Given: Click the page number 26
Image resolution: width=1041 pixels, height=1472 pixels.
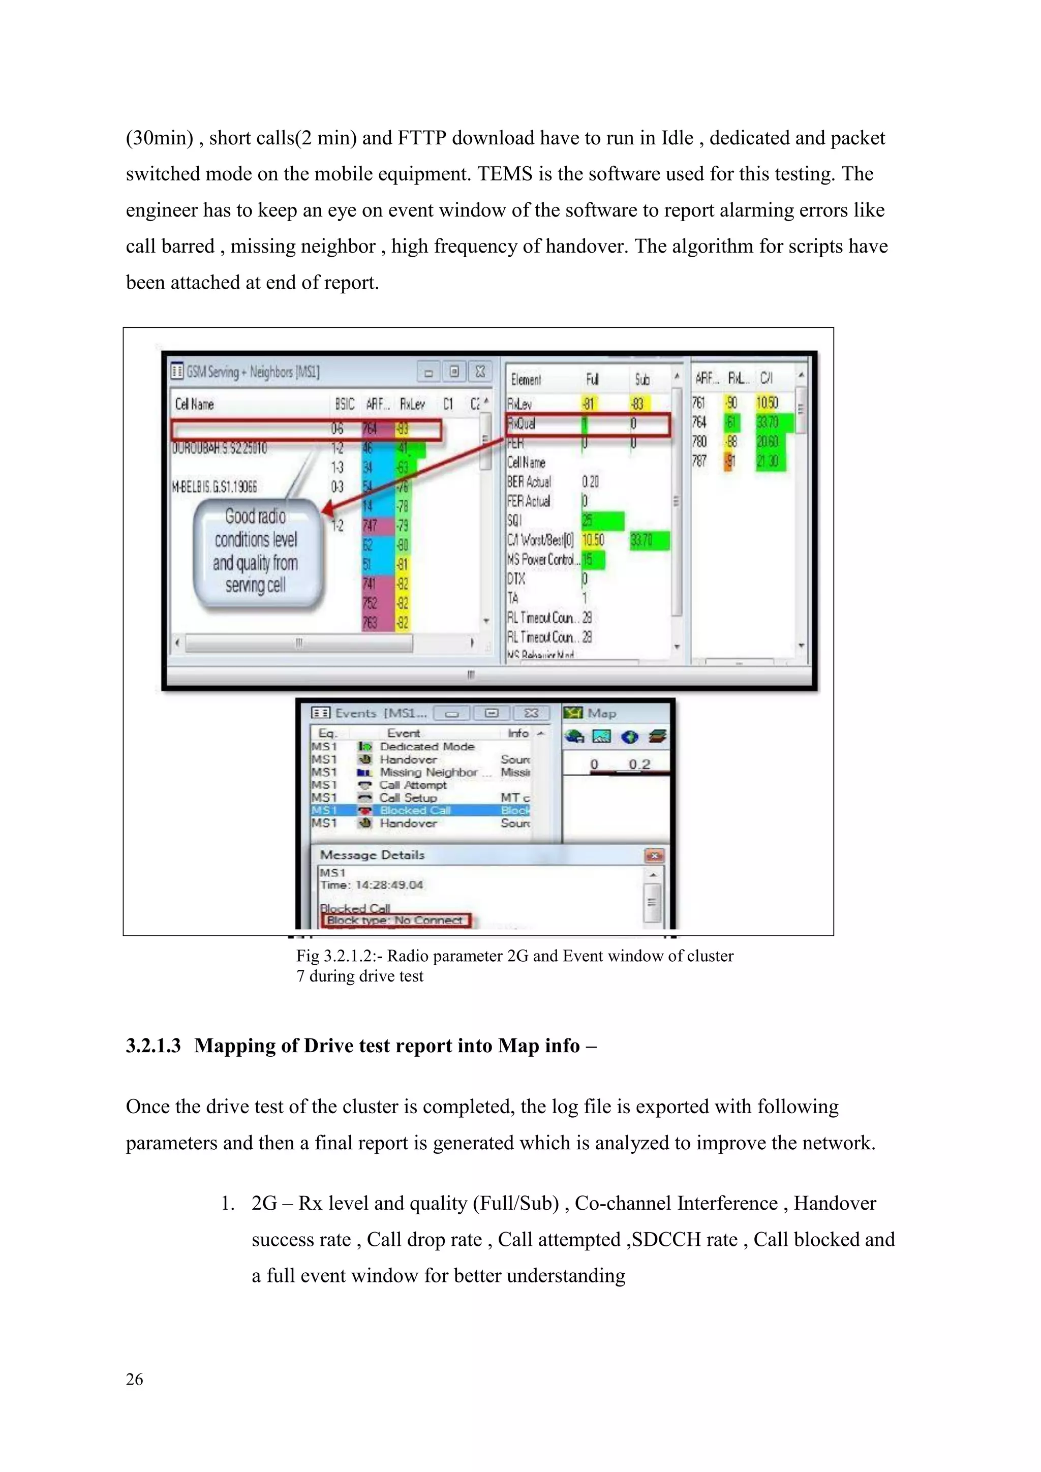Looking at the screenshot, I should pos(134,1379).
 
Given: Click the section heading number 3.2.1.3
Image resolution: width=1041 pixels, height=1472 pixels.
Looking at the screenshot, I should pos(153,1046).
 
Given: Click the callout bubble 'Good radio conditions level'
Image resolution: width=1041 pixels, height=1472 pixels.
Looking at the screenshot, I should pos(256,551).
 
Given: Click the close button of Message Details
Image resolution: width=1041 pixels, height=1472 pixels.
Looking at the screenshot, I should pos(654,856).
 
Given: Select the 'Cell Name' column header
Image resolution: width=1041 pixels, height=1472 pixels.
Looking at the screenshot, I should pos(194,404).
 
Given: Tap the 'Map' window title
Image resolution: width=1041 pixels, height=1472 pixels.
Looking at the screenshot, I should pos(601,714).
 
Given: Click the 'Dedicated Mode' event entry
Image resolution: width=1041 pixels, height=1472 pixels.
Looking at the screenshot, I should pos(427,747).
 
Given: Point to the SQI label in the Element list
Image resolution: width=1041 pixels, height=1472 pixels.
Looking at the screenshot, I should pos(514,520).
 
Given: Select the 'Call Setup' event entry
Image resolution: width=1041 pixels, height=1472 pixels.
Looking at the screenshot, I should pos(408,798).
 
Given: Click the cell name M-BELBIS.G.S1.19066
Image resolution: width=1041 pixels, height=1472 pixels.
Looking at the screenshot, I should pos(214,486).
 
